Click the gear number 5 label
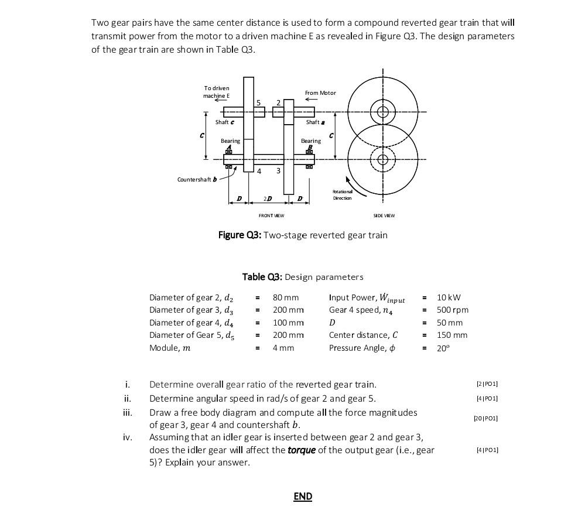click(x=258, y=103)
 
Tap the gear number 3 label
click(x=278, y=171)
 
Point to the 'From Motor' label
click(x=320, y=93)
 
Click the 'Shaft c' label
click(x=224, y=122)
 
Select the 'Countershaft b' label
click(x=197, y=179)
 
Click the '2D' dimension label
click(x=267, y=200)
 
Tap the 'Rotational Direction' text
click(x=342, y=195)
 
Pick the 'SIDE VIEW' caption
click(x=384, y=215)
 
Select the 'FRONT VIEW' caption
click(x=271, y=215)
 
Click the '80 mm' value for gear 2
click(x=286, y=297)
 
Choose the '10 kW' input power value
click(x=449, y=297)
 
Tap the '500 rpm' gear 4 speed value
click(x=453, y=310)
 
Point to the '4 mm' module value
click(x=283, y=348)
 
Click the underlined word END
click(x=303, y=497)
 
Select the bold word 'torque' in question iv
click(x=302, y=450)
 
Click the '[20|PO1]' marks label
click(x=485, y=418)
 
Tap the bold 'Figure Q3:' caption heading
click(x=240, y=235)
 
